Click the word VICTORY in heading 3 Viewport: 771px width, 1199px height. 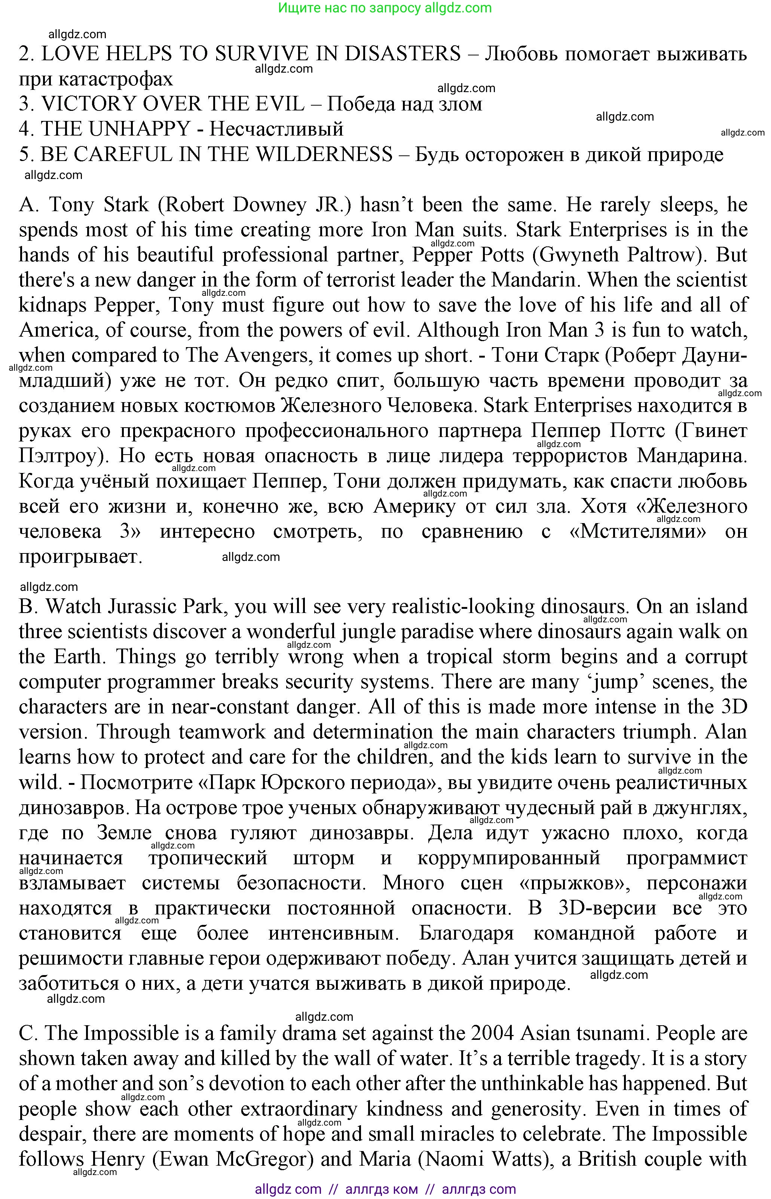coord(88,104)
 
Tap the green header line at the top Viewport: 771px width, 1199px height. coord(385,7)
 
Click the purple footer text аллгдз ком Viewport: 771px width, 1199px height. coord(382,1189)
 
